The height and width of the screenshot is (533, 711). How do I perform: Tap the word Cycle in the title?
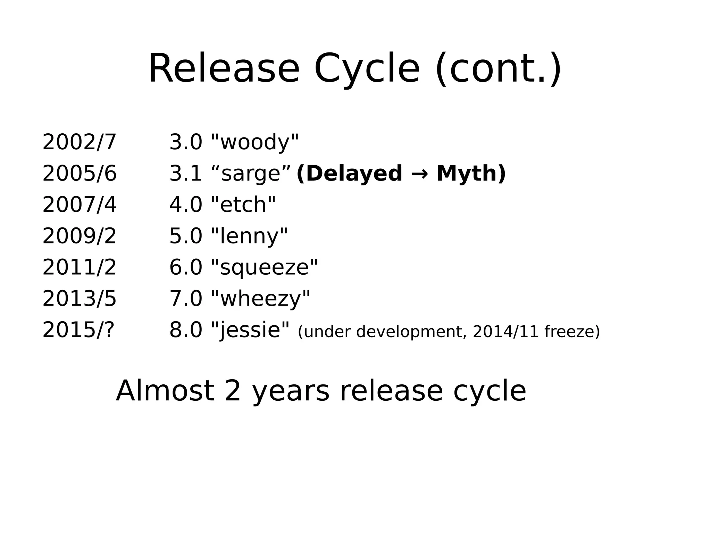point(367,68)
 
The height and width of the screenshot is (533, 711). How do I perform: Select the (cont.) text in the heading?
point(498,68)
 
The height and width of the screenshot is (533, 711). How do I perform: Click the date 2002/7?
point(79,142)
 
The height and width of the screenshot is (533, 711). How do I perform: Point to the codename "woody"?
point(255,142)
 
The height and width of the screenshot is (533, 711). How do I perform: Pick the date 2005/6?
point(79,173)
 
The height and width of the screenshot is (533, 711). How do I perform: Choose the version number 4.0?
point(186,205)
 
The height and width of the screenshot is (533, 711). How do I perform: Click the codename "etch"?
point(243,205)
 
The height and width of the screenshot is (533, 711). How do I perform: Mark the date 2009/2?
point(79,236)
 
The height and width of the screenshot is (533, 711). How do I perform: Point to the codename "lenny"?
point(249,236)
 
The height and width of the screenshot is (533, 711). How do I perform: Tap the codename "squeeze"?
point(265,267)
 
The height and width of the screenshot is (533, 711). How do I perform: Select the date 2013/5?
point(79,299)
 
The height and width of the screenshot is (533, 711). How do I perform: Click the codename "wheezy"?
point(260,299)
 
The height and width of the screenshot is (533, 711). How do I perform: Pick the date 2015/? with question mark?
point(78,330)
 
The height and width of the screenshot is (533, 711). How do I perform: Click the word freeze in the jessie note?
point(571,332)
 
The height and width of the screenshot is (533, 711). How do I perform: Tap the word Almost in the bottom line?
point(165,391)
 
